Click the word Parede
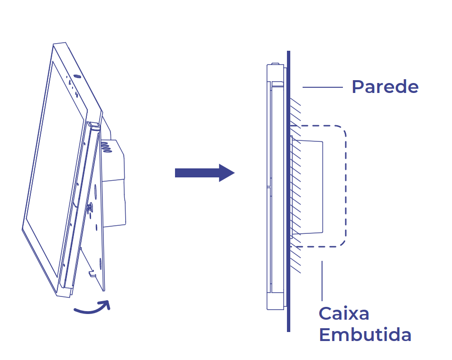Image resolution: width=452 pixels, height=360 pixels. (385, 87)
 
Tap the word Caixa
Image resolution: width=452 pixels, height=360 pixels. (344, 314)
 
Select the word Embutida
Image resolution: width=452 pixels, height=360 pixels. (365, 335)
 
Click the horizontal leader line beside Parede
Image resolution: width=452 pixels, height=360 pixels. (323, 87)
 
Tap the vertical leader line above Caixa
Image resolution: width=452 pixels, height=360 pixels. (322, 280)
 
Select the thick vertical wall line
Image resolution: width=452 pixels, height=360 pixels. (288, 190)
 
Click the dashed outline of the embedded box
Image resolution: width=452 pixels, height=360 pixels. (345, 185)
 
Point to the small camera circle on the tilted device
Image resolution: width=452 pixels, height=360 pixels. (77, 76)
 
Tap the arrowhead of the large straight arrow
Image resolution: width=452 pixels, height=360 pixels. (226, 173)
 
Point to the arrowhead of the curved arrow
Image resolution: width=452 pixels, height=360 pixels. (106, 305)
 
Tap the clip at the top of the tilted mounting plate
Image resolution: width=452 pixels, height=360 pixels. (94, 126)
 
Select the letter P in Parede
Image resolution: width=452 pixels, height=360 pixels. (358, 87)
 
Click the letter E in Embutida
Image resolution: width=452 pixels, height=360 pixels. (325, 335)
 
